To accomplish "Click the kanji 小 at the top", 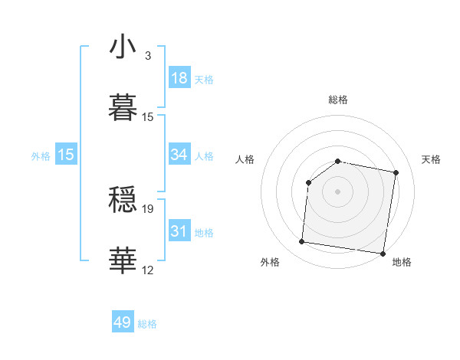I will point(123,47).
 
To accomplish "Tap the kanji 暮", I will point(123,106).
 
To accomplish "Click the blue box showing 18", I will point(179,78).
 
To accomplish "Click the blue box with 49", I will point(123,322).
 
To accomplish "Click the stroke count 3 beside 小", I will point(147,56).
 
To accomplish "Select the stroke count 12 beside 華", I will point(148,269).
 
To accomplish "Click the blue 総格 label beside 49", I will point(147,324).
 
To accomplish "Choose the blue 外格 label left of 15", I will point(41,156).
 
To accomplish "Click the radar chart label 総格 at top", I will point(338,100).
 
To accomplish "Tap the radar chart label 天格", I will point(432,159).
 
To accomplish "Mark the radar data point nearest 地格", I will point(383,254).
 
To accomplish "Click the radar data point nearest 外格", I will point(301,242).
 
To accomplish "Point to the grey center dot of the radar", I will point(338,191).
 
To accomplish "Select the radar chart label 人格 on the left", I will point(245,159).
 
